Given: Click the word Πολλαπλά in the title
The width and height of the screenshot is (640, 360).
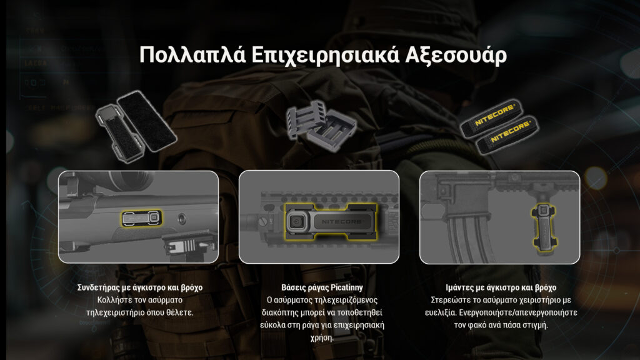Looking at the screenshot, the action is pyautogui.click(x=192, y=55).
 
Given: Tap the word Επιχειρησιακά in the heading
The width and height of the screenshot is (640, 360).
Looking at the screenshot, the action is pyautogui.click(x=324, y=56).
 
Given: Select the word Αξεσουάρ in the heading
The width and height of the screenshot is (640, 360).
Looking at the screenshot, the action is pyautogui.click(x=456, y=56).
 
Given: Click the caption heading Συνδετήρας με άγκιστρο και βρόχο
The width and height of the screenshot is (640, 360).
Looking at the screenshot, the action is pyautogui.click(x=139, y=287).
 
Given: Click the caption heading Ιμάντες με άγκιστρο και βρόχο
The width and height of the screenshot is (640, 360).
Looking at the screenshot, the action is pyautogui.click(x=501, y=287).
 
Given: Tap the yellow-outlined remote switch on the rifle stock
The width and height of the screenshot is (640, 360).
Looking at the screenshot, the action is pyautogui.click(x=142, y=218).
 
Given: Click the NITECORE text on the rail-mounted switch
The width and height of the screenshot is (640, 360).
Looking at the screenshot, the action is pyautogui.click(x=341, y=222).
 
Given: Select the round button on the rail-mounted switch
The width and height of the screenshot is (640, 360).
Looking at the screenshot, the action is pyautogui.click(x=296, y=222).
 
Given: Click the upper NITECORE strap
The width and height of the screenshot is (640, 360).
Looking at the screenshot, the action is pyautogui.click(x=491, y=117).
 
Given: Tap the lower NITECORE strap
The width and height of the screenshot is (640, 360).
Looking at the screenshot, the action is pyautogui.click(x=507, y=135).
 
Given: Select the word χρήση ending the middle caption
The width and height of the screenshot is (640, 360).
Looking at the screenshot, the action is pyautogui.click(x=322, y=338).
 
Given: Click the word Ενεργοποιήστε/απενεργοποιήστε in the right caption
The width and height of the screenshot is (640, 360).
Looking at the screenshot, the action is pyautogui.click(x=518, y=312).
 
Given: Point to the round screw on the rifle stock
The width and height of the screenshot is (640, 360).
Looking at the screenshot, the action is pyautogui.click(x=182, y=218).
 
